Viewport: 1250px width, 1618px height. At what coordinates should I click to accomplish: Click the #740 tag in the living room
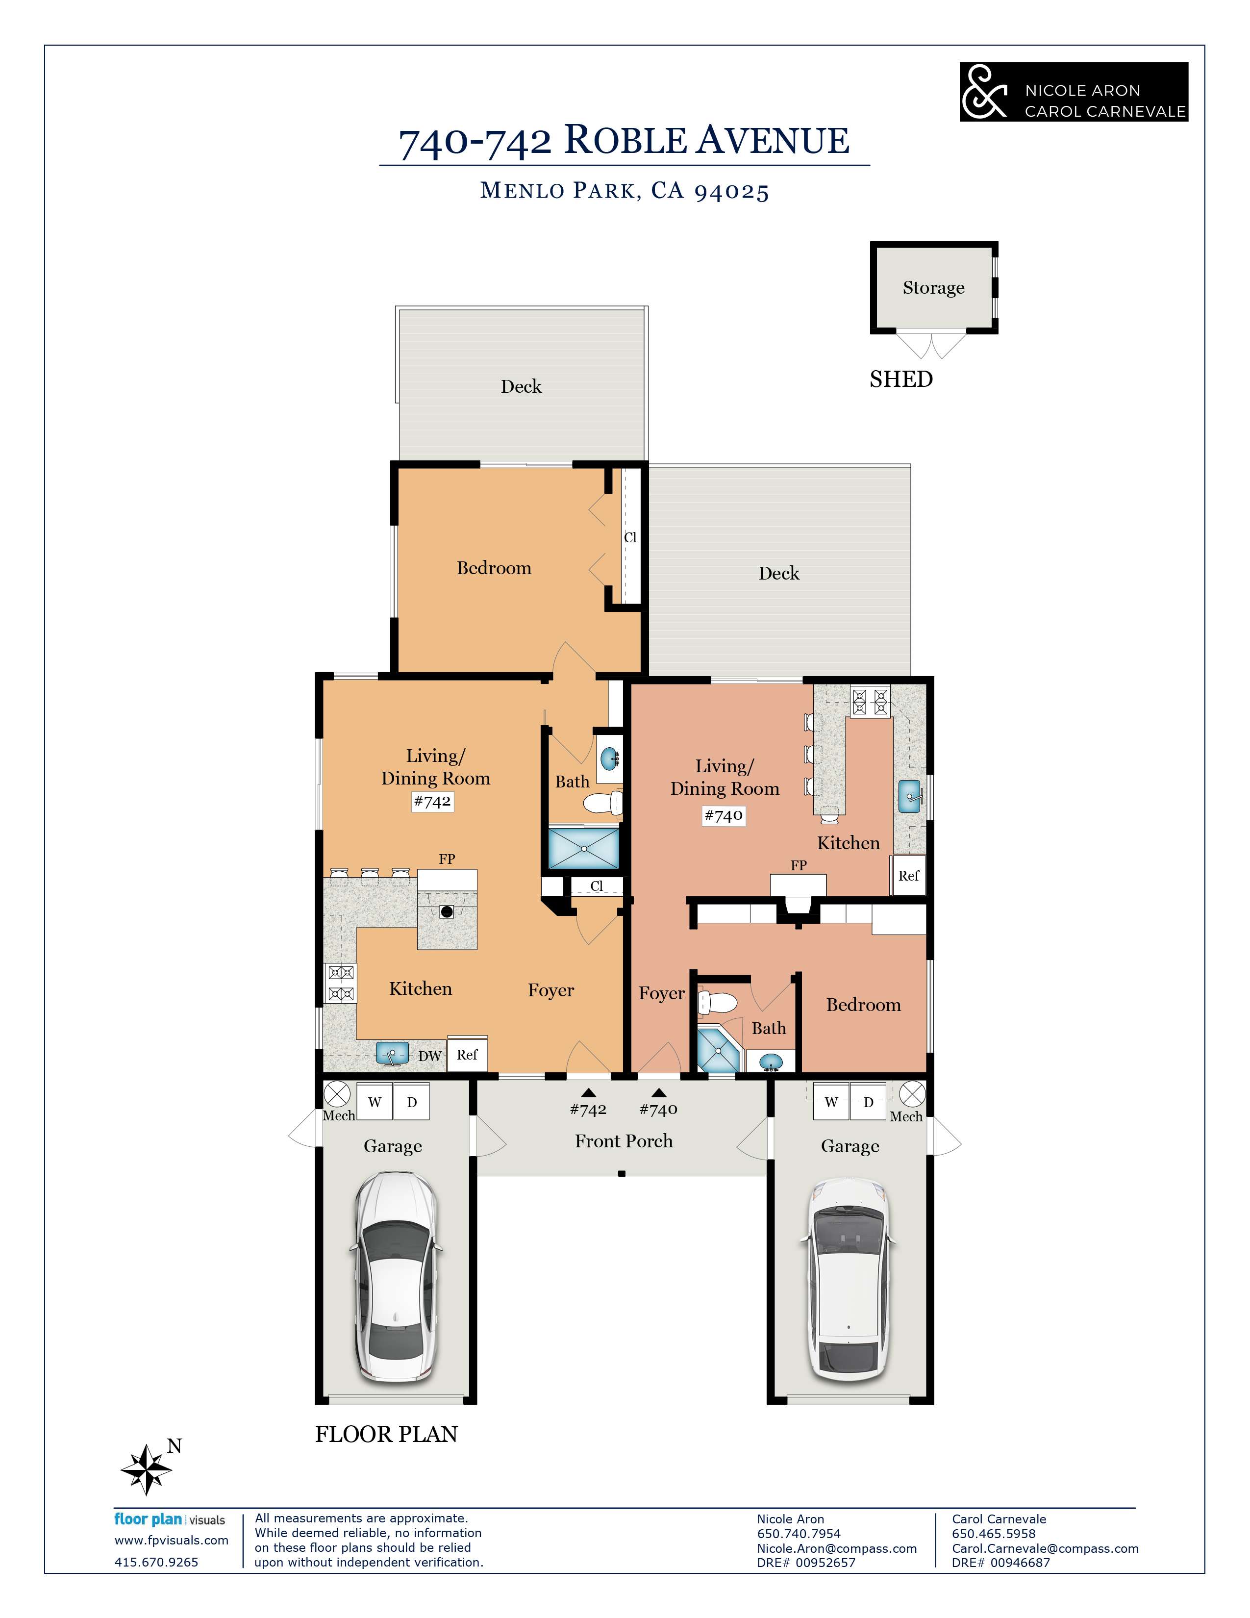point(724,816)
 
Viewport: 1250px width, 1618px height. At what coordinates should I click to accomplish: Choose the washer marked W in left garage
point(375,1102)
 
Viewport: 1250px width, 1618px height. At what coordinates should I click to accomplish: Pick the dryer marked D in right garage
point(868,1102)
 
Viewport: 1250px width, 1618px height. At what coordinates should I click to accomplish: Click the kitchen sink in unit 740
point(911,796)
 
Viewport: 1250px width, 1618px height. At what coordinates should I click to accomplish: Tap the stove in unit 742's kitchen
point(341,983)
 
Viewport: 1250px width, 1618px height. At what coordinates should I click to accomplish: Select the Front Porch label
point(624,1141)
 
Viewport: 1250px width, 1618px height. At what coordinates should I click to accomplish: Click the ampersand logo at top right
point(985,91)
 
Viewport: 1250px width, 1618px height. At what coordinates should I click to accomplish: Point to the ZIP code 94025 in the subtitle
point(732,191)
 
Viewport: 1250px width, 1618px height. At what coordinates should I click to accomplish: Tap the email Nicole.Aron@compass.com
point(837,1548)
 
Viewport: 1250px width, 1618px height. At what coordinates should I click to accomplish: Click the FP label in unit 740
point(798,865)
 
